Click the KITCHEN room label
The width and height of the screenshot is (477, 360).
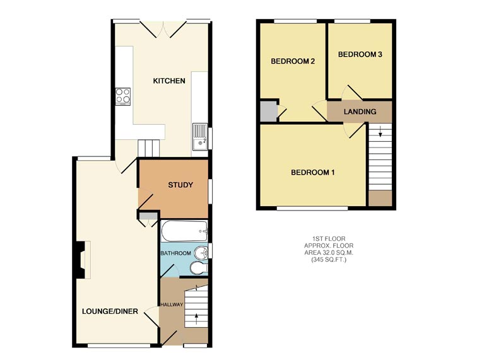coord(169,81)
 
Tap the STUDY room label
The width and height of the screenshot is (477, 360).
coord(180,185)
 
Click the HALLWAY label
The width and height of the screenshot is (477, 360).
coord(172,305)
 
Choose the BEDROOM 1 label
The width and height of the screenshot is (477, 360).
coord(312,172)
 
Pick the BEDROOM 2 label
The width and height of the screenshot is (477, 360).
coord(293,61)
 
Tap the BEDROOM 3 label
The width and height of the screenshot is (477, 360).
coord(360,55)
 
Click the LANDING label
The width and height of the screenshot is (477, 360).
coord(360,112)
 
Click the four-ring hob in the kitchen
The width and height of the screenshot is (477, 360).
coord(123,96)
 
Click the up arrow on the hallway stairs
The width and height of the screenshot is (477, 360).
coord(197,316)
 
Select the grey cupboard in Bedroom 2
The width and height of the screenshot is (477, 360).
coord(268,111)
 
